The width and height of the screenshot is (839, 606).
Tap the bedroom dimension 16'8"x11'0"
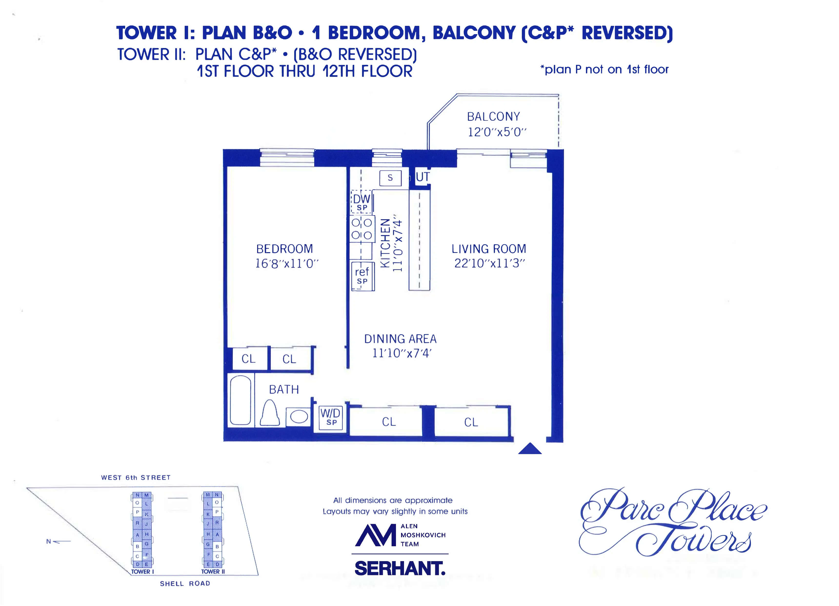coord(287,264)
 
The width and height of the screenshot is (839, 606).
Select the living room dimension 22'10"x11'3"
coord(489,263)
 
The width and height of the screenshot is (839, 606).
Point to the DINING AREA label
coord(400,339)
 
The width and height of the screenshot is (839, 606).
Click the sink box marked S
coord(390,178)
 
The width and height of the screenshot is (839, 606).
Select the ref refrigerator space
coord(362,276)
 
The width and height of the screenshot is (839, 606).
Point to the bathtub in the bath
coord(241,400)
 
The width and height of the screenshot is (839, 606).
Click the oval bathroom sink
coord(299,417)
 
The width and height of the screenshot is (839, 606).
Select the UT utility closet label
coord(423,177)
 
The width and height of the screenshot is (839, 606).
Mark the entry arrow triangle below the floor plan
coord(530,449)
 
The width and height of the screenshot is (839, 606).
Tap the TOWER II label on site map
coord(213,571)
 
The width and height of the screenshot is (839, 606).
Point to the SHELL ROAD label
coord(185,584)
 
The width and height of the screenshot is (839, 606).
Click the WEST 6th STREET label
coord(136,477)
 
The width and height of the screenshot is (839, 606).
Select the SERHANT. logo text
coord(400,568)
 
